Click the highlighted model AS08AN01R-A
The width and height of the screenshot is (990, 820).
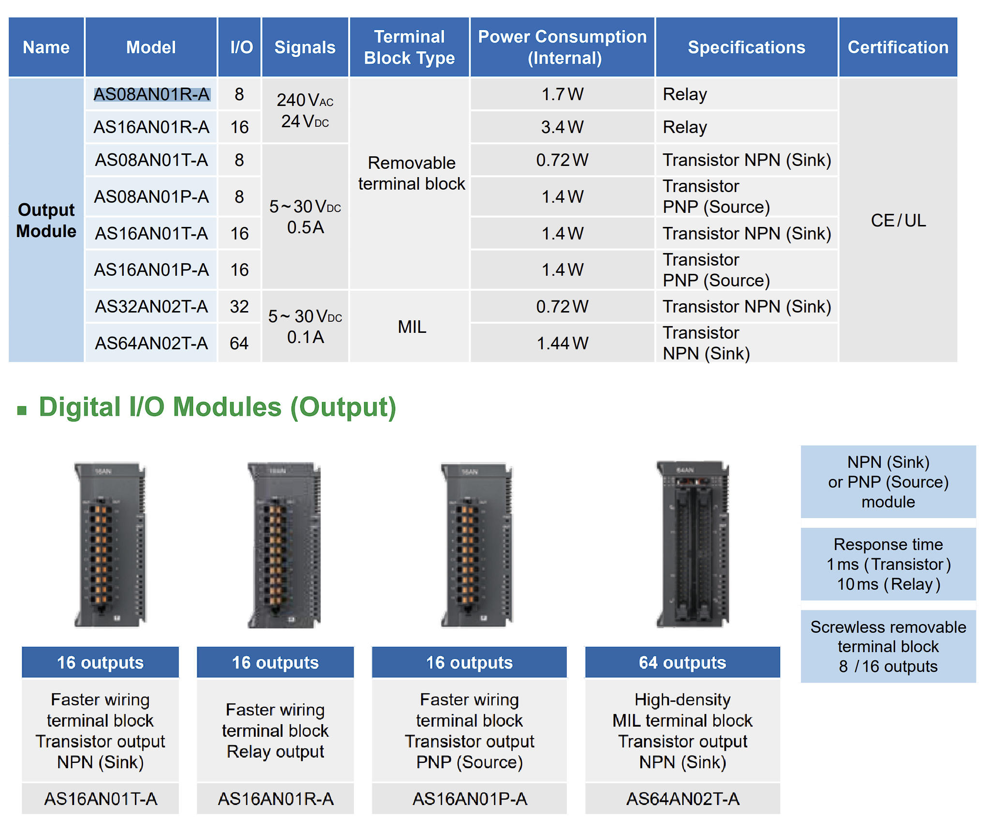click(x=151, y=94)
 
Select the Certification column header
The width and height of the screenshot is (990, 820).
click(x=898, y=47)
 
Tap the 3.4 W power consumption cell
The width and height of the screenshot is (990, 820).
click(x=562, y=127)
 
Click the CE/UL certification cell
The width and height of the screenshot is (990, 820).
click(x=898, y=220)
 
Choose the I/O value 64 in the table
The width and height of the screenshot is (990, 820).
click(x=239, y=343)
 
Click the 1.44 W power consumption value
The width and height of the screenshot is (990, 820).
click(x=562, y=343)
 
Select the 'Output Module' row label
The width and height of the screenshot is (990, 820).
click(x=46, y=220)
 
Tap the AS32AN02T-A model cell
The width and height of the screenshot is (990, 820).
click(x=151, y=306)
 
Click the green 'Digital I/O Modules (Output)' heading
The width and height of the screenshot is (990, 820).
click(x=218, y=407)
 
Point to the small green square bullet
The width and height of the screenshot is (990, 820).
click(x=22, y=411)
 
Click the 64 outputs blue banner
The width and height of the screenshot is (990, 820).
click(x=682, y=662)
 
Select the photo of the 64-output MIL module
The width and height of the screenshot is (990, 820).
click(x=693, y=544)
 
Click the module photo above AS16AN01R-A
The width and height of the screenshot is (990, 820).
click(x=284, y=545)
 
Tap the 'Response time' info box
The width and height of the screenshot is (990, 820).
click(x=888, y=564)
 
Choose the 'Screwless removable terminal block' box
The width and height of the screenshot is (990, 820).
click(x=888, y=646)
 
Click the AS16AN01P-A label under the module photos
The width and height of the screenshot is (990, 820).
click(x=470, y=799)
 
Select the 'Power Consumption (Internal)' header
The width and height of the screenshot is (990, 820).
click(x=562, y=47)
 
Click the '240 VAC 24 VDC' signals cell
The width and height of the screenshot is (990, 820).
click(x=305, y=110)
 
